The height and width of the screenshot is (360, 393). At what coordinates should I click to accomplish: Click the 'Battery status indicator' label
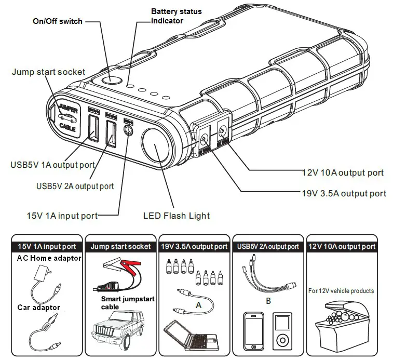point(176,16)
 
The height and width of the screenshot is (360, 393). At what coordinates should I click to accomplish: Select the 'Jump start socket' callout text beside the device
point(48,72)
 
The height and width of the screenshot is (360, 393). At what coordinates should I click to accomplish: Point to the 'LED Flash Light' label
point(176,215)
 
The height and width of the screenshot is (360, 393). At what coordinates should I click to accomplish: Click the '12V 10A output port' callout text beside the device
point(343,172)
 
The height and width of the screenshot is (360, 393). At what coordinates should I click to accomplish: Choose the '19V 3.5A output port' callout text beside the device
point(344,193)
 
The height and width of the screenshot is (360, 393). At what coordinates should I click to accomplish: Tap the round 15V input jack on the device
point(128,130)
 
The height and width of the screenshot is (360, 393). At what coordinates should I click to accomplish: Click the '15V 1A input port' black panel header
point(47,246)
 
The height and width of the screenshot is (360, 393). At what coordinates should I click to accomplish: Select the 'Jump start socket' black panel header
point(120,246)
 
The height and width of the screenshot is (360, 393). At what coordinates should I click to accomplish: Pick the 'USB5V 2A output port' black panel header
point(267,246)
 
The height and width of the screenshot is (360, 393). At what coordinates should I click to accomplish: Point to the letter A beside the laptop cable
point(198,305)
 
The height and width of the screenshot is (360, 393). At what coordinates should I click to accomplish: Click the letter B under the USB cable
point(268,300)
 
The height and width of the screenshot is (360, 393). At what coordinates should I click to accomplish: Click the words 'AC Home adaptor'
point(49,258)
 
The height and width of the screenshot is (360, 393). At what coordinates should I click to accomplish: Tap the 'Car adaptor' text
point(38,308)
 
